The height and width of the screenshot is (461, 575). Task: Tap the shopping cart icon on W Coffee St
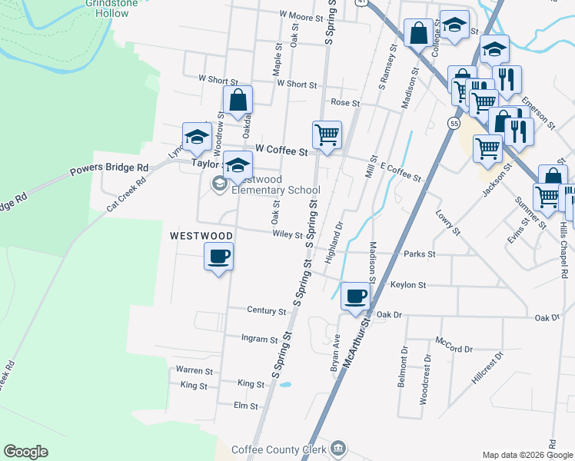coord(327,135)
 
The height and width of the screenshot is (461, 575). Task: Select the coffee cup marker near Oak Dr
coord(355,296)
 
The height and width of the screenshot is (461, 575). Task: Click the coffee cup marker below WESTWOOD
coord(218,256)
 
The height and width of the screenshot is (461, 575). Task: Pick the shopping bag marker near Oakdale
coord(238,99)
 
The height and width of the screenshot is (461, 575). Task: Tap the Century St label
coord(266,311)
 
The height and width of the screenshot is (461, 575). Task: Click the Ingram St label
coord(259,339)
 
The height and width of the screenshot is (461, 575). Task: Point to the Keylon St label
coord(408,285)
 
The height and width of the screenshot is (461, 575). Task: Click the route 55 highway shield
coord(454,122)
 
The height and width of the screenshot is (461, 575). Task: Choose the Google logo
coord(26,452)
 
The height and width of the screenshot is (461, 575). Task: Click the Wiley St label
coord(287,234)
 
